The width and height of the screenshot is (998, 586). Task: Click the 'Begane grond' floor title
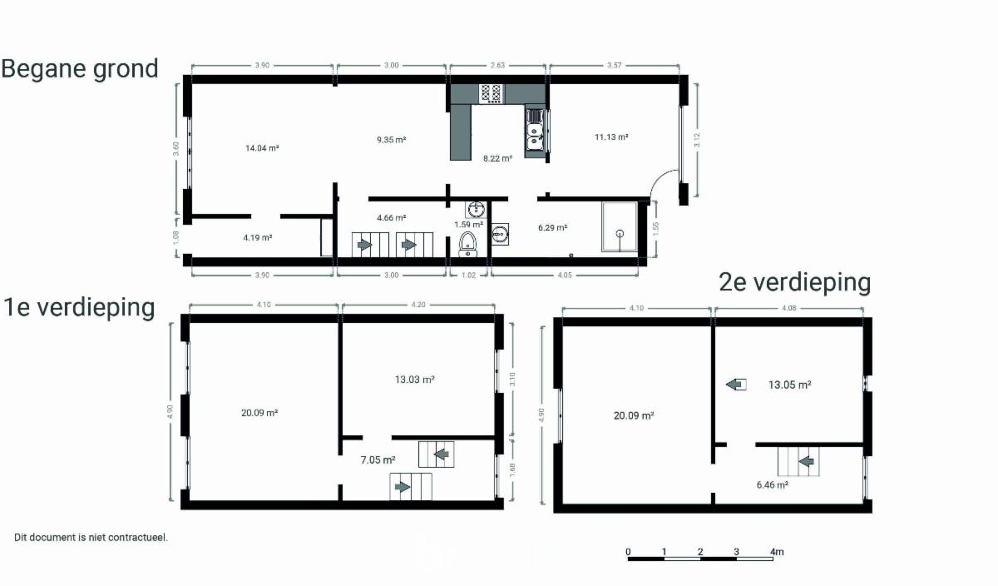click(80, 69)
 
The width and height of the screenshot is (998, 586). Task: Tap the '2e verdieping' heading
click(795, 282)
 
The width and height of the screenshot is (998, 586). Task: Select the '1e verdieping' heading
click(79, 307)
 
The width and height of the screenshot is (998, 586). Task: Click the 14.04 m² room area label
click(262, 148)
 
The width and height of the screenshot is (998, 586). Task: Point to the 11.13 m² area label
click(611, 137)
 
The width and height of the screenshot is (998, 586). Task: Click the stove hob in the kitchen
click(491, 93)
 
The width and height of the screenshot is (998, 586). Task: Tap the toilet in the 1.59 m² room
click(467, 245)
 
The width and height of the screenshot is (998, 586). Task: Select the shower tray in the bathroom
click(620, 226)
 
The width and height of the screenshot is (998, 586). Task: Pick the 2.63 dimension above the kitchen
click(497, 65)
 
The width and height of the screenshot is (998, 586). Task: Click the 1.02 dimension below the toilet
click(468, 276)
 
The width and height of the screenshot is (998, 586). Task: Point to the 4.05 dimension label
click(565, 276)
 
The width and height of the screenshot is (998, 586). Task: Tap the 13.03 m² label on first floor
click(414, 380)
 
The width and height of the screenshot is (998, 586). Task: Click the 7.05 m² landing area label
click(378, 459)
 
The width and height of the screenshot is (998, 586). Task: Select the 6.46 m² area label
click(772, 484)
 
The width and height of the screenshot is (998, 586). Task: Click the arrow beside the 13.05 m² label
click(736, 384)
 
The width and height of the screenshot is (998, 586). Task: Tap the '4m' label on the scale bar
click(777, 552)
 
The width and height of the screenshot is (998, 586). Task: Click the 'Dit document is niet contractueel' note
click(91, 538)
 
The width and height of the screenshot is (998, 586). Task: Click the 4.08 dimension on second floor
click(788, 308)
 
